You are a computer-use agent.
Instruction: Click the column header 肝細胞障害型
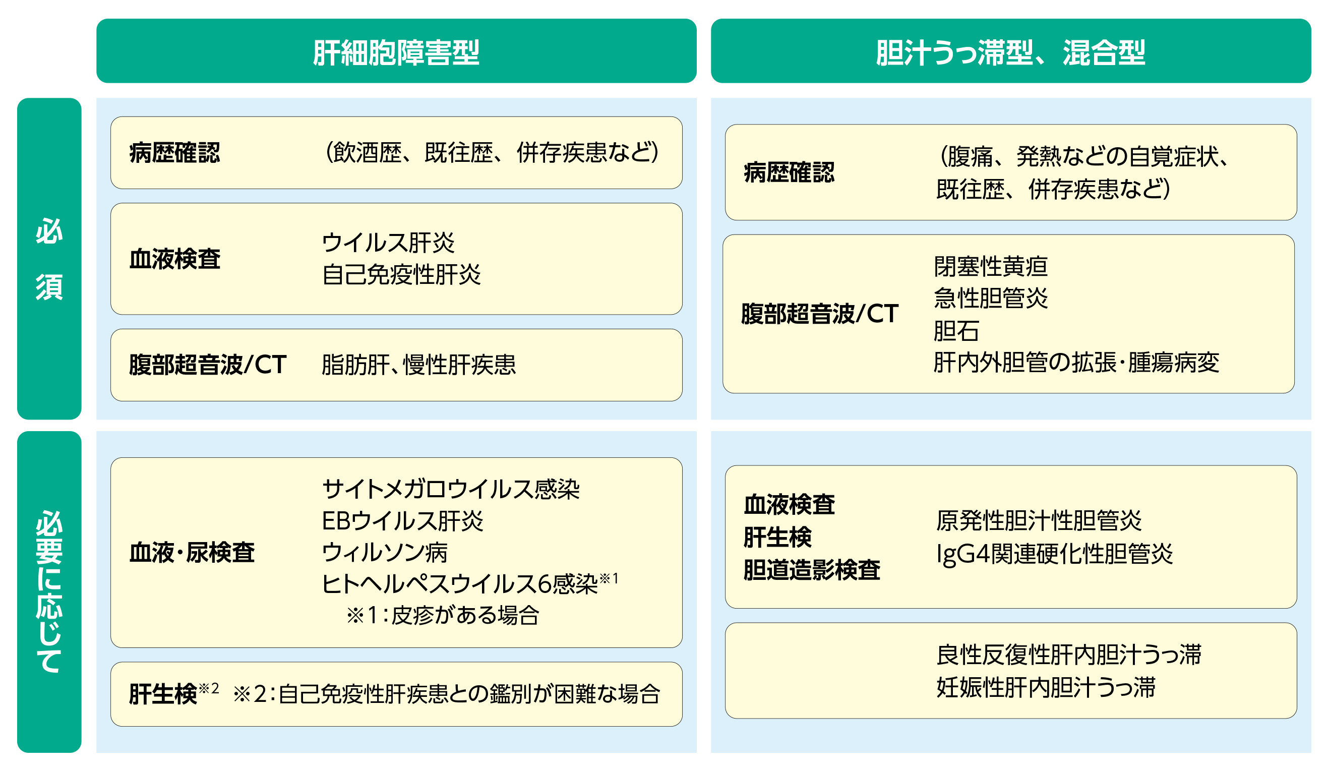coord(396,52)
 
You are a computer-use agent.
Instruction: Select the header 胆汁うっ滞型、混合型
coord(1010,52)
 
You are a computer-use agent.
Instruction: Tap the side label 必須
coord(49,259)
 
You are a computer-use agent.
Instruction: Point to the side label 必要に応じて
coord(49,591)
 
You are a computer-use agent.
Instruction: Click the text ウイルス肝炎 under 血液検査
coord(388,243)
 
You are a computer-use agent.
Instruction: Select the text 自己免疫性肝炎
coord(401,275)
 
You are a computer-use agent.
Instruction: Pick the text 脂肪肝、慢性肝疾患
coord(419,365)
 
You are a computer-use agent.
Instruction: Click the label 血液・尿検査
coord(192,553)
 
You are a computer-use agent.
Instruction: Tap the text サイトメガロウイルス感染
coord(451,489)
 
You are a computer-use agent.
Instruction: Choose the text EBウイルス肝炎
coord(402,521)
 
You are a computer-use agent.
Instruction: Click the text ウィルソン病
coord(385,553)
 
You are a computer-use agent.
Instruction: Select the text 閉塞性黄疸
coord(990,266)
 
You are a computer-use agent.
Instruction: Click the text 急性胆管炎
coord(990,298)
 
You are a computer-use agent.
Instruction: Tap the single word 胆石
coord(956,331)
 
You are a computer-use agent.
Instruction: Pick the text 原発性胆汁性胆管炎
coord(1039,520)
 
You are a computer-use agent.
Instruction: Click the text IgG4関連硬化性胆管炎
coord(1054,554)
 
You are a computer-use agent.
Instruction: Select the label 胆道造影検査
coord(812,569)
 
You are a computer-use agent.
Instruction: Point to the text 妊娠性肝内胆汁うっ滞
coord(1046,688)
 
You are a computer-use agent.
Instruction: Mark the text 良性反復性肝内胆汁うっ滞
coord(1068,655)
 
